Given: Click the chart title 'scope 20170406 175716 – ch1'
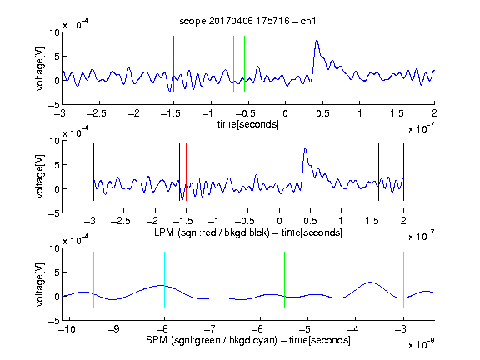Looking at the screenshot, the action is click(247, 21).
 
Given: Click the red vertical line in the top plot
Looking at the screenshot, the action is click(173, 64).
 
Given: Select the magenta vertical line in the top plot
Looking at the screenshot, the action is click(397, 64).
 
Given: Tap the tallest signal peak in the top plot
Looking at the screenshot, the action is click(317, 41).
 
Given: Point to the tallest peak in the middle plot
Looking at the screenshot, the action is click(305, 148).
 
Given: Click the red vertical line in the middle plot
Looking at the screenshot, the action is click(186, 172).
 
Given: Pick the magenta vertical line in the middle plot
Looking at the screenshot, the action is click(372, 172).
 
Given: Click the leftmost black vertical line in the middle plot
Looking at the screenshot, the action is click(93, 172).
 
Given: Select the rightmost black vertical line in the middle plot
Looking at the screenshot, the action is click(403, 172).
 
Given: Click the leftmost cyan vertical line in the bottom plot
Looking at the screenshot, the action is click(93, 280).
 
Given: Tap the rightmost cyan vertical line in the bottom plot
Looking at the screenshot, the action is click(403, 280).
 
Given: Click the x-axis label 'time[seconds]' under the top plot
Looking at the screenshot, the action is click(248, 124).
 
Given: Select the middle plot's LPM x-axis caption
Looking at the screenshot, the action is click(248, 232).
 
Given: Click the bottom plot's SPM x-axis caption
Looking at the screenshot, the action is click(248, 340).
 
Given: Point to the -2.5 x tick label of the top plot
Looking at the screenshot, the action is click(97, 113).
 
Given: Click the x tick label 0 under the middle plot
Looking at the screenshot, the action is click(279, 221).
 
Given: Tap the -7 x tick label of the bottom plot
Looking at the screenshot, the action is click(210, 329).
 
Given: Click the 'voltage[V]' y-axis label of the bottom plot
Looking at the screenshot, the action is click(40, 284).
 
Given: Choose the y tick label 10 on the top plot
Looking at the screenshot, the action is click(54, 32).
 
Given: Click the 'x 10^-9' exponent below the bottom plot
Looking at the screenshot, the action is click(422, 343).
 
